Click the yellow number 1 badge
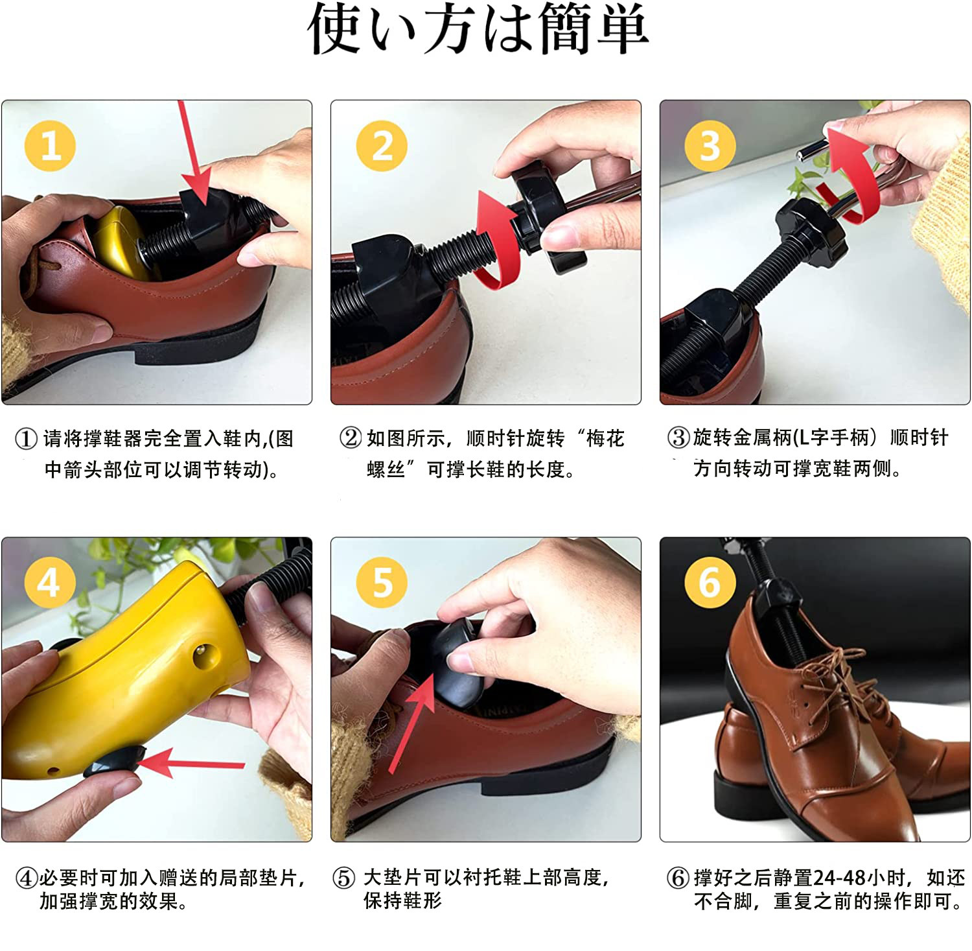(50, 146)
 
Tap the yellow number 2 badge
(382, 146)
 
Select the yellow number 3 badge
(710, 146)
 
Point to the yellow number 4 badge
(50, 581)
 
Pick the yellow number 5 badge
(382, 581)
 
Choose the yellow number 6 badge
(710, 581)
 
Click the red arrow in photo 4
(191, 763)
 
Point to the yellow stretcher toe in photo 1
(120, 240)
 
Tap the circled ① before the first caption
(26, 439)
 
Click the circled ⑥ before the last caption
(678, 878)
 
